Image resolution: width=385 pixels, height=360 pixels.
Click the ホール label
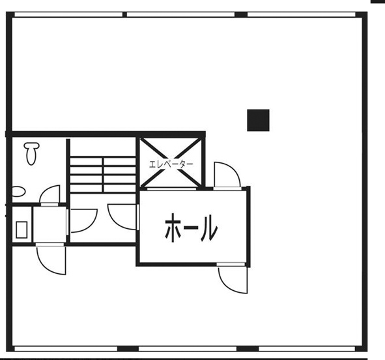(191, 228)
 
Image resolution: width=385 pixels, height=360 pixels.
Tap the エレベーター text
(171, 164)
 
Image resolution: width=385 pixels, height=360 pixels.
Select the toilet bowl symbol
(31, 153)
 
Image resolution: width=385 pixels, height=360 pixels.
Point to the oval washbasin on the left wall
(19, 192)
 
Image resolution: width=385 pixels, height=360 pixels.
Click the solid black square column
(258, 120)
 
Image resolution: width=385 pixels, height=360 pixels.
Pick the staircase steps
(103, 175)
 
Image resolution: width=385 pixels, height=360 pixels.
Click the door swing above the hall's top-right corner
(227, 175)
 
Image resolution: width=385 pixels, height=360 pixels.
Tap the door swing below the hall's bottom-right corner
(233, 280)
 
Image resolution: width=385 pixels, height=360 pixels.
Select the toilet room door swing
(50, 194)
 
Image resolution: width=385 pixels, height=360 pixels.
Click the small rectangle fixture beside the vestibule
(21, 230)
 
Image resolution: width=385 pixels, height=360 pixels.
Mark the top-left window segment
(68, 14)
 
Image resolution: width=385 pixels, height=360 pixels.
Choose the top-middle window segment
(180, 14)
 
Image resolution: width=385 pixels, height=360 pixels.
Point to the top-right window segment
(302, 14)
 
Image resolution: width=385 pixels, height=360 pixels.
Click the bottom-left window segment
(66, 349)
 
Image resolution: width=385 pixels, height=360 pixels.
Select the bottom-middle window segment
(188, 349)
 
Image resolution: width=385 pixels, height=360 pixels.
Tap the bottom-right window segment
(307, 349)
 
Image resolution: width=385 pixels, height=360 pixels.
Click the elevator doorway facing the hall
(171, 189)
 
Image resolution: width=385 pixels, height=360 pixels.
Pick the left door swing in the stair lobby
(83, 220)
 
